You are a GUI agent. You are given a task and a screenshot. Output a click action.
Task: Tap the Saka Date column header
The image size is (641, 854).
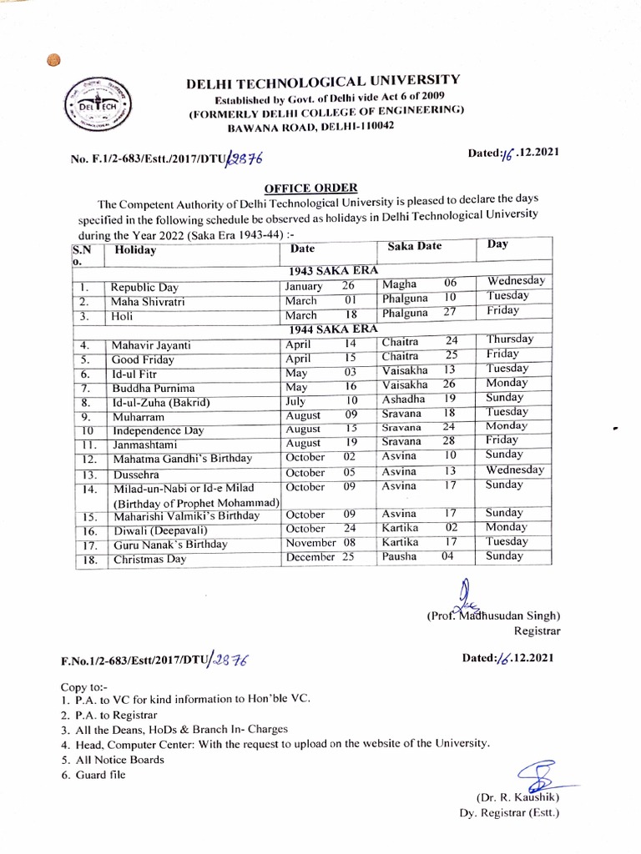coord(414,247)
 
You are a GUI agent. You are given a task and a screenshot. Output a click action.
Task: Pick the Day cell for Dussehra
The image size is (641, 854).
coord(515,470)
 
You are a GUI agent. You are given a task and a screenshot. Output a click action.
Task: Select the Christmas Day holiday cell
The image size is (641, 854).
coord(149,560)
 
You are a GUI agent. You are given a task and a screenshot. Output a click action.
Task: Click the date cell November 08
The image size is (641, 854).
coord(310,543)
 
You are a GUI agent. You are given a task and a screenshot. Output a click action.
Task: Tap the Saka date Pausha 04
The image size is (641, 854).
coord(417,557)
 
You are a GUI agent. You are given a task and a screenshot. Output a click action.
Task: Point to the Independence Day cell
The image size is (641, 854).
coord(159,430)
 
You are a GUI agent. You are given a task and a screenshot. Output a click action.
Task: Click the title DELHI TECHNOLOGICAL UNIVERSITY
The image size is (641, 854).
coord(321,80)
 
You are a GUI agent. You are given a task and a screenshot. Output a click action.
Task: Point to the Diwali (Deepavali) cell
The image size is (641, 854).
coord(159,530)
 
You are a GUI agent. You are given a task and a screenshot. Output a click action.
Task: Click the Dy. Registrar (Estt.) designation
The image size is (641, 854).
coord(509,811)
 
